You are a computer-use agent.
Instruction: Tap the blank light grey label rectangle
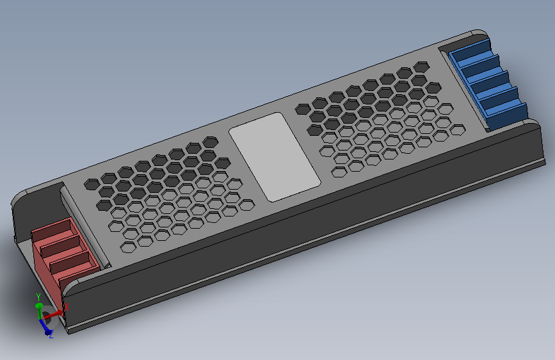pos(275,157)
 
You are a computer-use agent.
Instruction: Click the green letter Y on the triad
pos(38,297)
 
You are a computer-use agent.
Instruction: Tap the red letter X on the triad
pos(66,308)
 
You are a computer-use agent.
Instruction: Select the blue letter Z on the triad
pos(51,335)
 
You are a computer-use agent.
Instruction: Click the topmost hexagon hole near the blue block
pos(421,67)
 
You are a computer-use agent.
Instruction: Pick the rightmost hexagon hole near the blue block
pos(457,129)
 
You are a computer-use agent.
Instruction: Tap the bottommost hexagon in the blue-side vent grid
pos(340,171)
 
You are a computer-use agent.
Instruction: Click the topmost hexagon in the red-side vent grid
pos(210,141)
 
